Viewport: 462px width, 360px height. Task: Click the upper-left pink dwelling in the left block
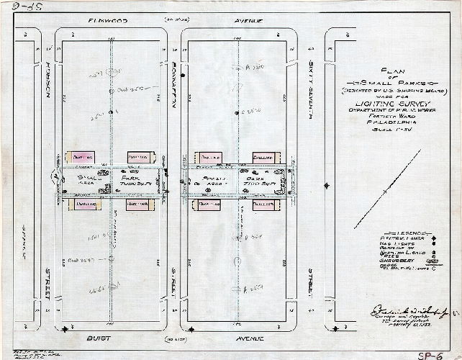pos(79,157)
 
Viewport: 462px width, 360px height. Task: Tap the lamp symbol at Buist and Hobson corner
pos(66,329)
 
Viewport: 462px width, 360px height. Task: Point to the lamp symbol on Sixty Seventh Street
pos(327,185)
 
